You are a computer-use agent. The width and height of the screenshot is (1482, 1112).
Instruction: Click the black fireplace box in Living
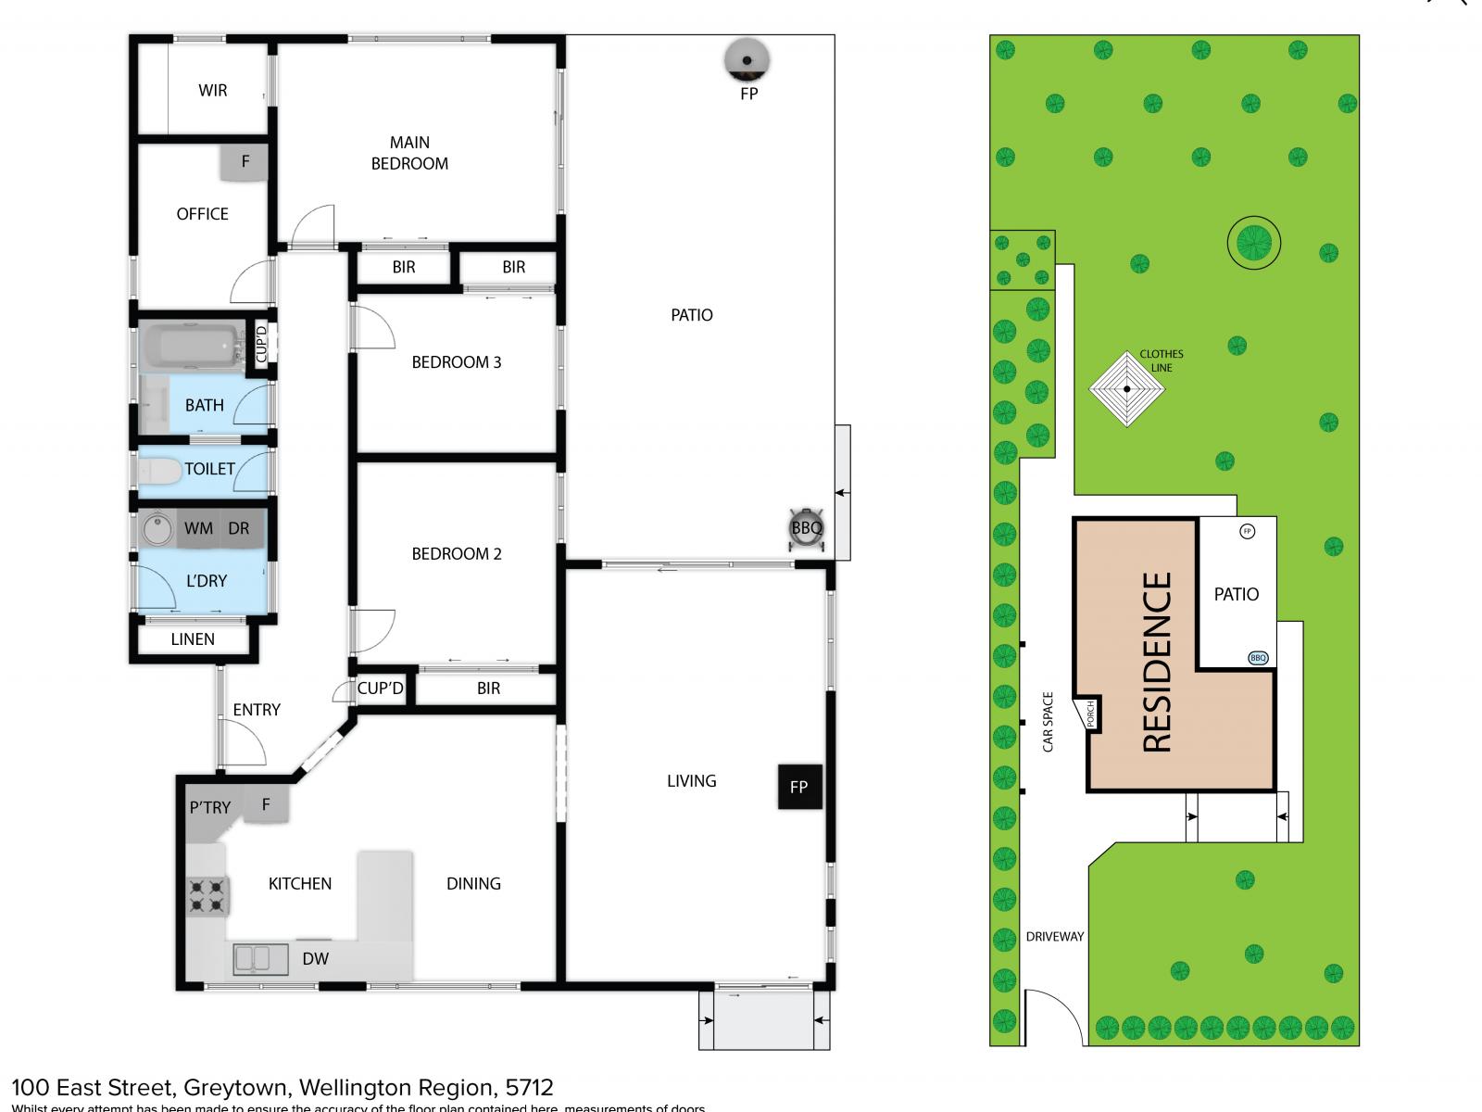coord(798,787)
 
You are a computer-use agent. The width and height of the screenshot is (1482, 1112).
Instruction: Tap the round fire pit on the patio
coord(747,60)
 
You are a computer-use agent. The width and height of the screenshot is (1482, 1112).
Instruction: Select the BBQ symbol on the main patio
coord(806,528)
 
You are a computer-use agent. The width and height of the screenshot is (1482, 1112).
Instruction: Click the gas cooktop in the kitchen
coord(207,895)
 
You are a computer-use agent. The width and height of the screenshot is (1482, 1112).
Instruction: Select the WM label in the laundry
coord(198,529)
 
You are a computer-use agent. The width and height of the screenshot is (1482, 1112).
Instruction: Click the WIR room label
coord(212,91)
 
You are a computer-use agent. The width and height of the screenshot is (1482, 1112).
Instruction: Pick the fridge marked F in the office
coord(245,162)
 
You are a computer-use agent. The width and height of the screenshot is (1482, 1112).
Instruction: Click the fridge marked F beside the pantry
coord(266,804)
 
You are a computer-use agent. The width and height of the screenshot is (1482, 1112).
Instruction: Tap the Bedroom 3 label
coord(456,362)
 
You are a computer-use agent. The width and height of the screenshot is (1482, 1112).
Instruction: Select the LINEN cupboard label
coord(193,639)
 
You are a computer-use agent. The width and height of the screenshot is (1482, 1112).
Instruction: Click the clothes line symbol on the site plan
coord(1126,389)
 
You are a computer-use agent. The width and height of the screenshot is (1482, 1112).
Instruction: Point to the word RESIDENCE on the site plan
coord(1158,662)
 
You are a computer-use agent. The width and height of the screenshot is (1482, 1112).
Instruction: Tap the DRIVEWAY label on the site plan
coord(1054,937)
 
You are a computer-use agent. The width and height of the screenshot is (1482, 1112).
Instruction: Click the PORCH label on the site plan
coord(1091,714)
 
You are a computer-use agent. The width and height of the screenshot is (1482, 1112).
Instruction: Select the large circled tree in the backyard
coord(1253,243)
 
